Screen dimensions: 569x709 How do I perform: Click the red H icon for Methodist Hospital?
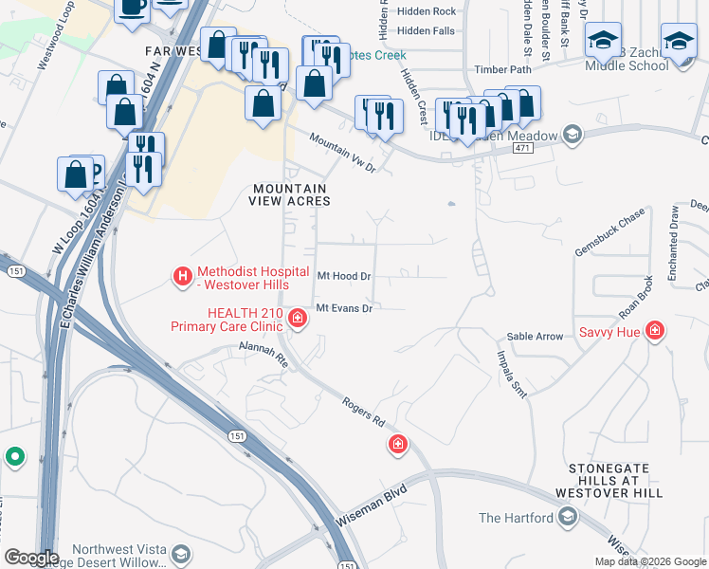pos(181,276)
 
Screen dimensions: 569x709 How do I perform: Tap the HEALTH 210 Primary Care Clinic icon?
pos(297,317)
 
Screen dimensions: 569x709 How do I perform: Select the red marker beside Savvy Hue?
pos(654,330)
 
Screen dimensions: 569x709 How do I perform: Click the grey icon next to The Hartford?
pos(568,517)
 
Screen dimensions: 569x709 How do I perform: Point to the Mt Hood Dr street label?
pos(342,276)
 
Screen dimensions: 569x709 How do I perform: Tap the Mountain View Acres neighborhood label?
pos(289,193)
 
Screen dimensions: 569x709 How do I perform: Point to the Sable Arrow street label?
pos(535,337)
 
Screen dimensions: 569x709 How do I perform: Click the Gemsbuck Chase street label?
pos(609,232)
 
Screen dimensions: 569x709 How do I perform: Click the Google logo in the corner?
pos(31,557)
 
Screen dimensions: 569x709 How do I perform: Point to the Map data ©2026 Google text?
pos(650,561)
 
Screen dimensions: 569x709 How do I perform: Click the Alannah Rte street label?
pos(263,355)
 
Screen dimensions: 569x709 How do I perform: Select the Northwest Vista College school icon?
pos(181,553)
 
